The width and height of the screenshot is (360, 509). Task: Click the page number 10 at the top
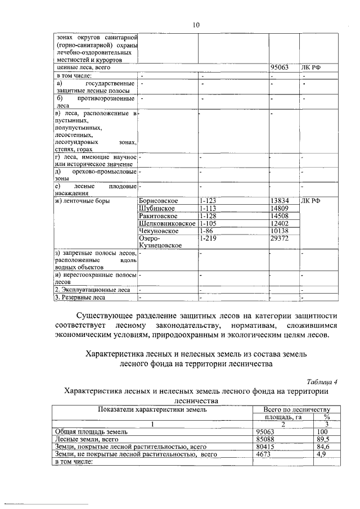(196, 25)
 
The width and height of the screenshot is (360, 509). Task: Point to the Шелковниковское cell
(166, 224)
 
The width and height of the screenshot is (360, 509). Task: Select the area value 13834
(280, 201)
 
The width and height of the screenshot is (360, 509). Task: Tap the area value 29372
(280, 239)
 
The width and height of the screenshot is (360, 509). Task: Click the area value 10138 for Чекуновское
(280, 231)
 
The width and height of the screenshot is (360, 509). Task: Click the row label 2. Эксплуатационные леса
(87, 290)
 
